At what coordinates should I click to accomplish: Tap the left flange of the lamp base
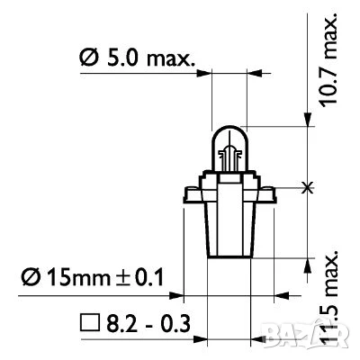pos(192,193)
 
